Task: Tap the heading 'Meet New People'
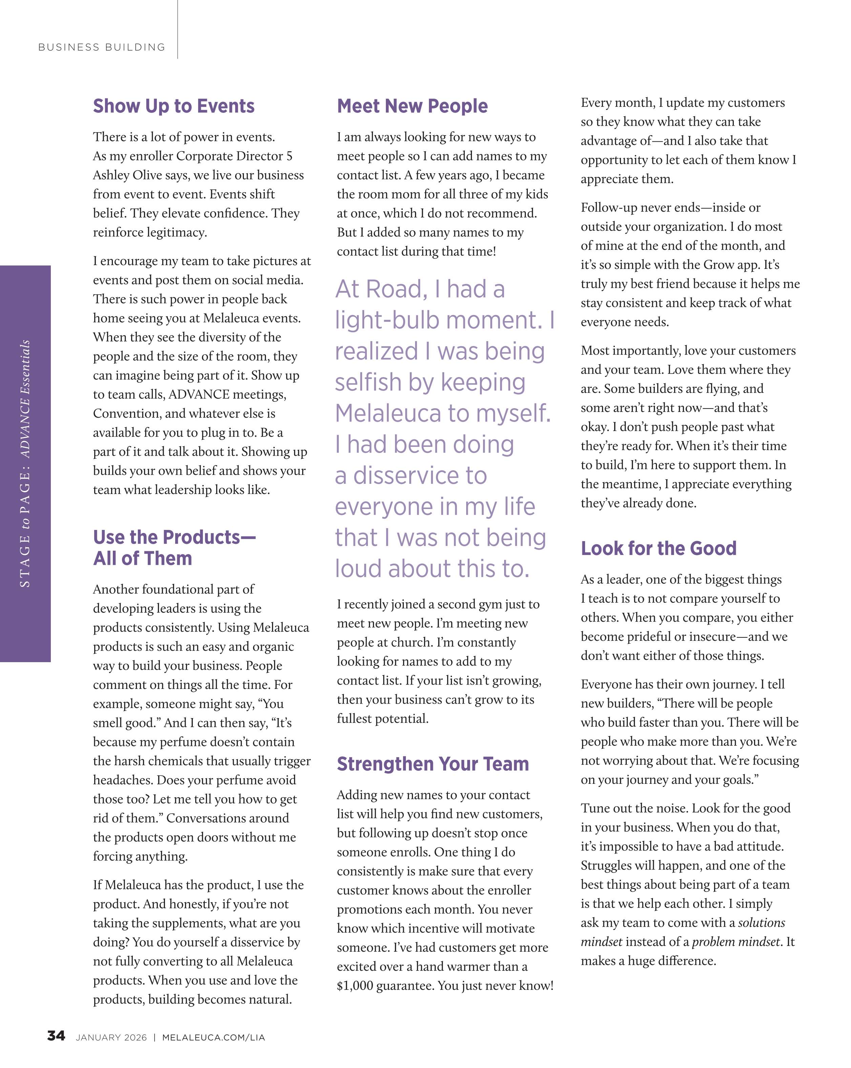(412, 106)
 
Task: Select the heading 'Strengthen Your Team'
(433, 763)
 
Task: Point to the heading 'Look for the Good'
(659, 548)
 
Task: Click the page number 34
(56, 1036)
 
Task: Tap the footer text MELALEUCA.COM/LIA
(213, 1037)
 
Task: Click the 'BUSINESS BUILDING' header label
(102, 47)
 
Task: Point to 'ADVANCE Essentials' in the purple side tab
(25, 399)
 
